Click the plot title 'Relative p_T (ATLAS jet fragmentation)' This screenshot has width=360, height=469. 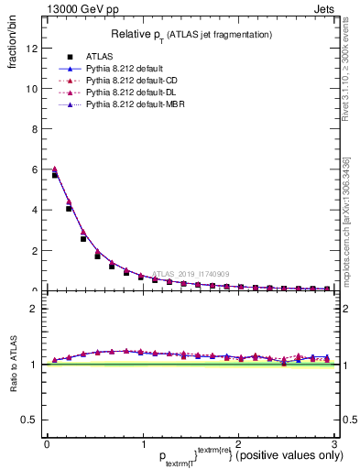pyautogui.click(x=191, y=34)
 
